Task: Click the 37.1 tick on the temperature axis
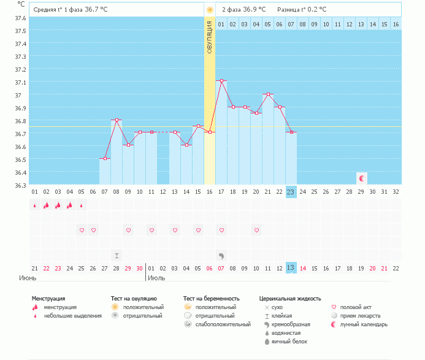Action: point(19,82)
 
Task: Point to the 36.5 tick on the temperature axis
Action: point(19,159)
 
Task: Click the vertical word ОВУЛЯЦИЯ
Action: point(210,38)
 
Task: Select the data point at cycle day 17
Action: point(221,80)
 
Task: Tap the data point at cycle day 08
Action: point(117,120)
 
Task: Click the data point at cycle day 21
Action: point(268,94)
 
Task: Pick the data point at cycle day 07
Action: point(105,158)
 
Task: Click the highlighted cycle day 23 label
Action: point(291,191)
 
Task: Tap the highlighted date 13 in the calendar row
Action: point(291,268)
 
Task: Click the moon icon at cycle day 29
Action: point(362,178)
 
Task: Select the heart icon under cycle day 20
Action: point(256,230)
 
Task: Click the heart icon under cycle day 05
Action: point(82,230)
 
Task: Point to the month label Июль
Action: point(156,278)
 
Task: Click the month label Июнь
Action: point(28,278)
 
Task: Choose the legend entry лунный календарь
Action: point(364,324)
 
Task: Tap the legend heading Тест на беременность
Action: point(210,298)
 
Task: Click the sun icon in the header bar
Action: point(210,10)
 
